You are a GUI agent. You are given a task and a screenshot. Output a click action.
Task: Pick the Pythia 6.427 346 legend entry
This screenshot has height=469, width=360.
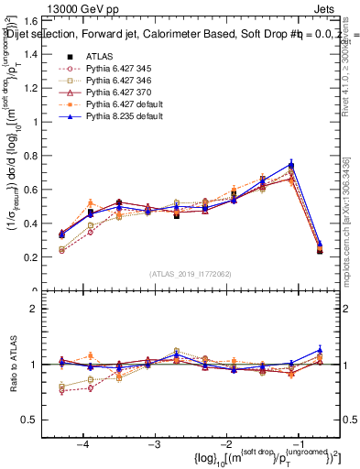pos(116,81)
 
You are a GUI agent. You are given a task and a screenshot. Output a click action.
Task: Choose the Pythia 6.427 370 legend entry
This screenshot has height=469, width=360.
pos(116,93)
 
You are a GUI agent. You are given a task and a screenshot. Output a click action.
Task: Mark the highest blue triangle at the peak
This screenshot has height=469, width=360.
pos(291,164)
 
